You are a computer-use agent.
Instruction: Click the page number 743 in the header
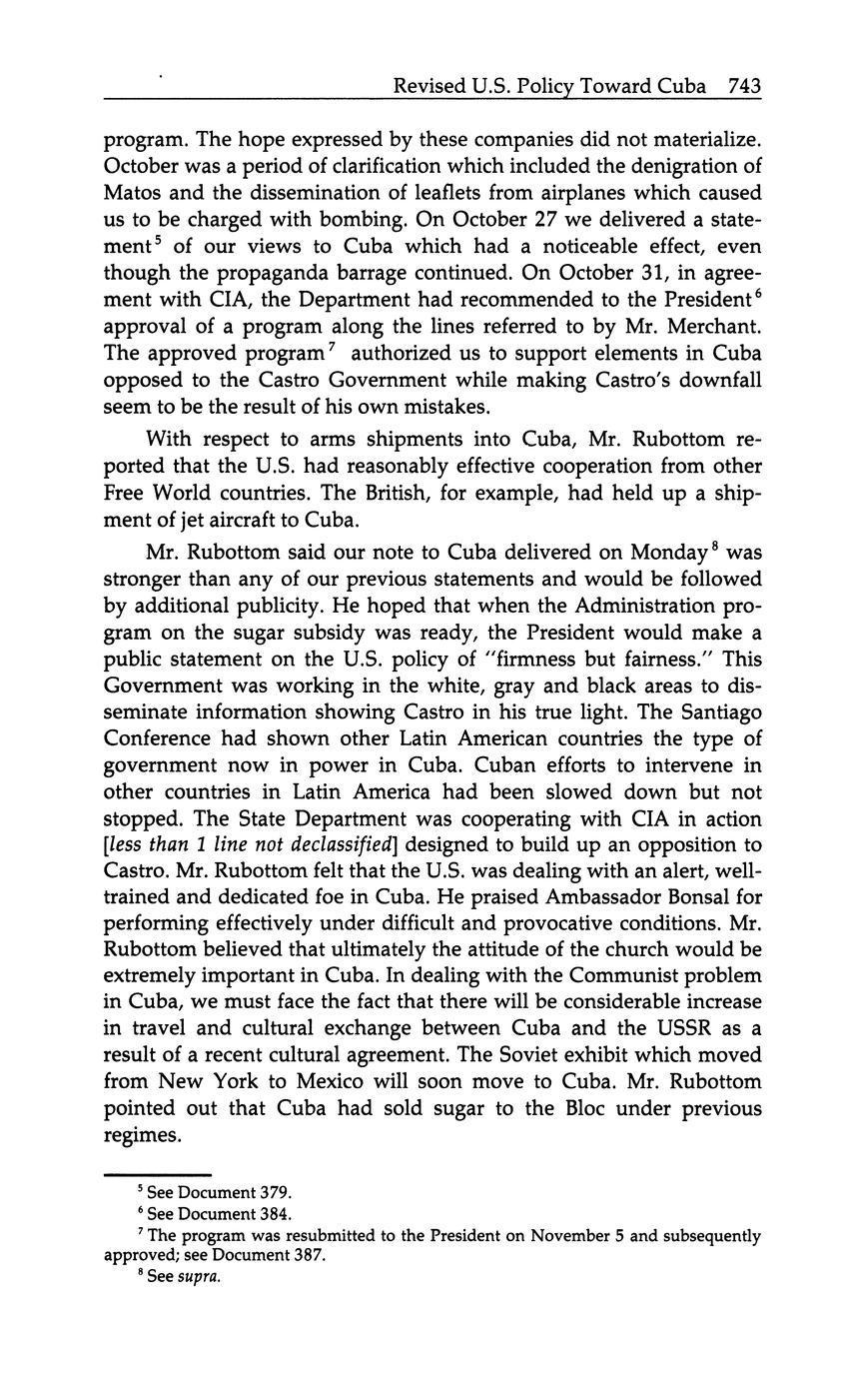click(744, 86)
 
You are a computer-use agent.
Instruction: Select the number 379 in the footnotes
click(276, 1193)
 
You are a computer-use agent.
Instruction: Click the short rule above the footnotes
click(158, 1175)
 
